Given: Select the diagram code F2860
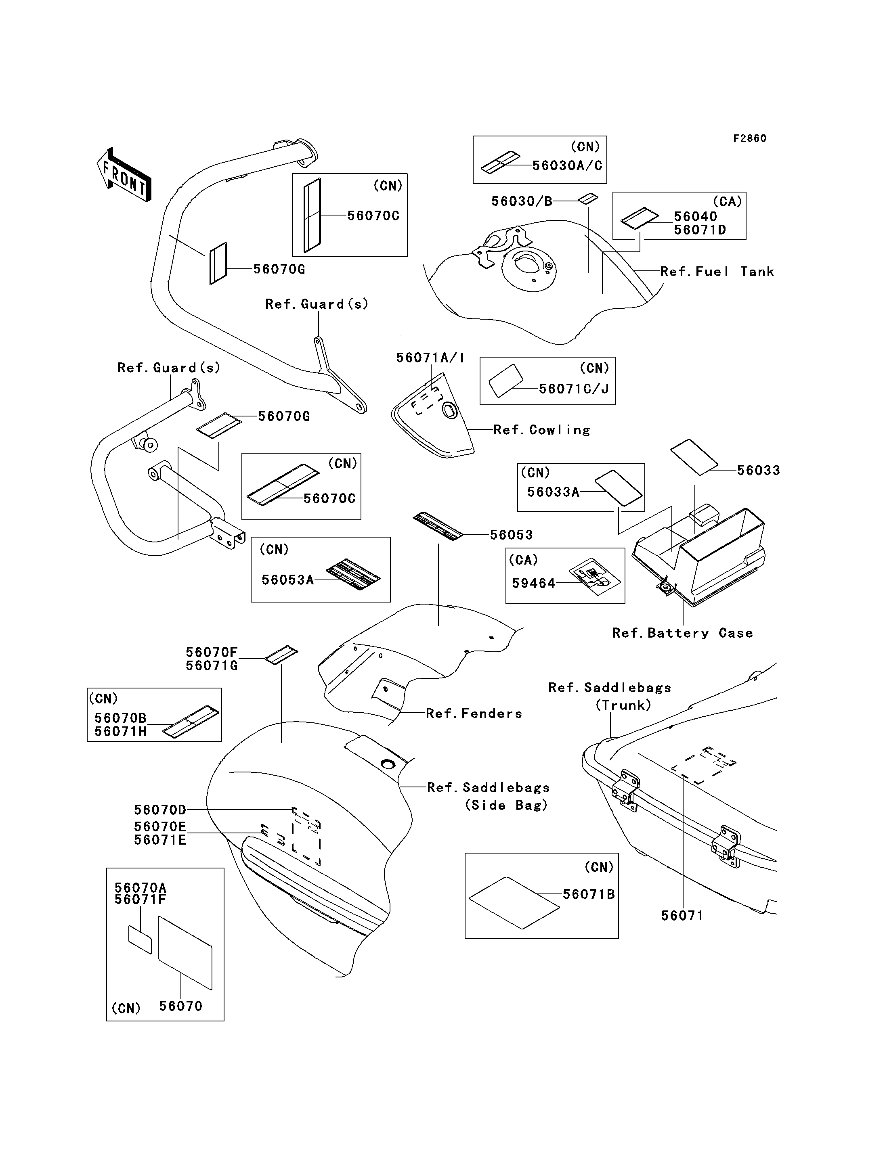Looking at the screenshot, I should coord(750,138).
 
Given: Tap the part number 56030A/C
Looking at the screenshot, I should coord(567,165).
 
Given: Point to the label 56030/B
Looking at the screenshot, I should coord(522,201).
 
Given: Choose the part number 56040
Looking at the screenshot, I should coord(695,216).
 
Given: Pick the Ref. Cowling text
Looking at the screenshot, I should coord(541,430).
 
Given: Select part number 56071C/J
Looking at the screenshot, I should coord(574,389).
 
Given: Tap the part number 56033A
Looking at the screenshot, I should coord(553,492).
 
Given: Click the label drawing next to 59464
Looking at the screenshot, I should coord(594,576).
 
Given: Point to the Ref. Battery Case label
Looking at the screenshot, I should coord(682,633).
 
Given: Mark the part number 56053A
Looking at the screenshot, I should coord(287,580).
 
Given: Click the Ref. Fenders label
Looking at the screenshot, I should coord(474,713).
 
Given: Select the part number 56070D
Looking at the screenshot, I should coord(159,810).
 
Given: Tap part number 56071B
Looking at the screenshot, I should coord(588,894).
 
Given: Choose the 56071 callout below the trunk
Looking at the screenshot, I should coord(682,916).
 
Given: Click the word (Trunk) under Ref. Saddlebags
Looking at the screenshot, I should coord(623,705).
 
